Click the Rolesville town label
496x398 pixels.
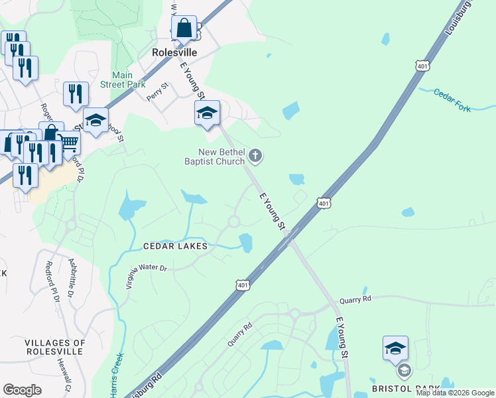(x=174, y=52)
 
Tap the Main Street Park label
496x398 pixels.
(x=123, y=80)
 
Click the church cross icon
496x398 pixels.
(x=255, y=157)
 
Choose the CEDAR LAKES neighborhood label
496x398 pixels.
(x=176, y=246)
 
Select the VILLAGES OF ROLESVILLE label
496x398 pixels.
(x=55, y=348)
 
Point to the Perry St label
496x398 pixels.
(x=158, y=91)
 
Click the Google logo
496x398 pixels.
(x=22, y=390)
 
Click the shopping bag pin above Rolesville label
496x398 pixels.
(x=184, y=29)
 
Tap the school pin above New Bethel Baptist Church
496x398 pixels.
(x=207, y=113)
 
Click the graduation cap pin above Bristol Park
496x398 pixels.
(x=395, y=348)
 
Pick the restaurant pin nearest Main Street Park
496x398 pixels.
(x=76, y=94)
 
